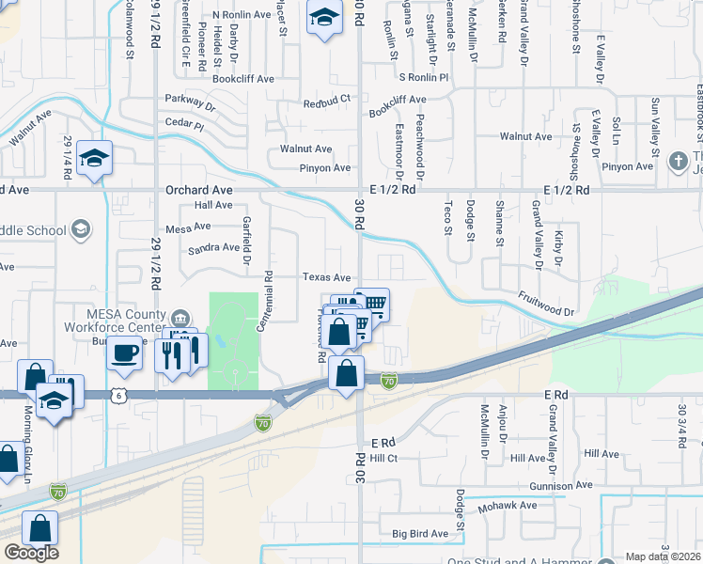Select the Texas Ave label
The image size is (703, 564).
(x=326, y=277)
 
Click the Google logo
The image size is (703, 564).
(x=31, y=553)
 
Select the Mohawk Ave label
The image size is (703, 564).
(x=510, y=505)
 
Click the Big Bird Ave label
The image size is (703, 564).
(x=420, y=534)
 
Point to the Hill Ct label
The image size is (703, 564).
(x=383, y=458)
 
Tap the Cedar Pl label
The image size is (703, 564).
(x=184, y=124)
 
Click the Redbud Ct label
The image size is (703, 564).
(x=326, y=98)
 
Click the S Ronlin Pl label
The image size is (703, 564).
(x=424, y=77)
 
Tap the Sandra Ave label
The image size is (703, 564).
(x=213, y=247)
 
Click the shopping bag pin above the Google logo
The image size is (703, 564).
(x=41, y=529)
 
